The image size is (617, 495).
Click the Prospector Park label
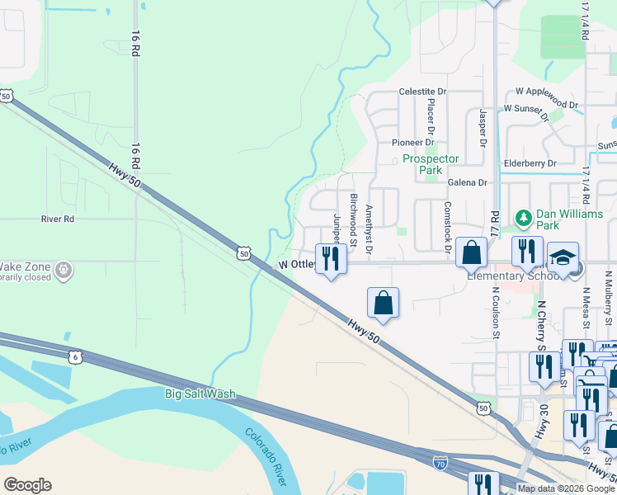pos(437,164)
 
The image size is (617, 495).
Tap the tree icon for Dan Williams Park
pos(523,218)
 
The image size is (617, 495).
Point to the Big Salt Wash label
pos(200,394)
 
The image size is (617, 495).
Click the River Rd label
pos(58,219)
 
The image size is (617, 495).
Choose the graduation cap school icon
pos(563,258)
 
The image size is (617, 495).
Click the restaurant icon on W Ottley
pos(331,258)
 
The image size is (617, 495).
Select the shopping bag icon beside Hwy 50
pos(384,303)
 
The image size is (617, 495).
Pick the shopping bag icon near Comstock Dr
pos(471,253)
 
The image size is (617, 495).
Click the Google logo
pos(27,485)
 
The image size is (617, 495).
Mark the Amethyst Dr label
pos(369,229)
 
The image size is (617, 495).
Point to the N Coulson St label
pos(497,312)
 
